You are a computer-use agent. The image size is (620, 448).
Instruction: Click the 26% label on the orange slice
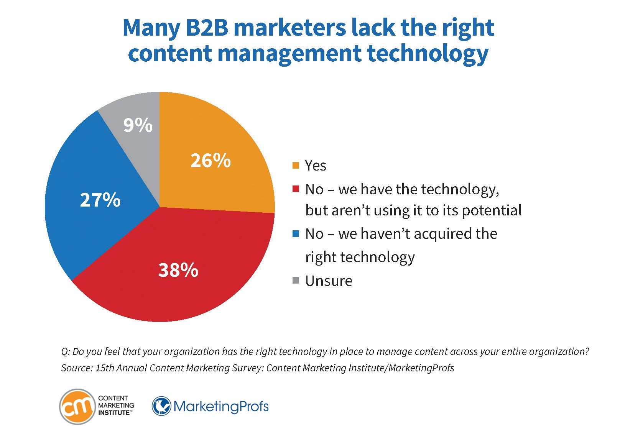(x=211, y=161)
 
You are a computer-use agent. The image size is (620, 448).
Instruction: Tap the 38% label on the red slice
(x=178, y=270)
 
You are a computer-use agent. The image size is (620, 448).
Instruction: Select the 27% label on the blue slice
(x=100, y=200)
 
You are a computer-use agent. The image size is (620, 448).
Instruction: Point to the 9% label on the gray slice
(x=138, y=125)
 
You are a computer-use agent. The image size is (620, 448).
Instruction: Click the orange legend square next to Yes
(x=296, y=166)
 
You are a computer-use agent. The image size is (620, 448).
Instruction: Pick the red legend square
(x=296, y=189)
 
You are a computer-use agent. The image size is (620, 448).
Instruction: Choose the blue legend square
(x=296, y=234)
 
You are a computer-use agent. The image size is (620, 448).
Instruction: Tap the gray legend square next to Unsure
(x=296, y=281)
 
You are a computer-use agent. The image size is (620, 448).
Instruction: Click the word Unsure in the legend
(x=329, y=281)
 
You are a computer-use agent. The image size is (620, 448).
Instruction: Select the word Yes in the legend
(x=316, y=166)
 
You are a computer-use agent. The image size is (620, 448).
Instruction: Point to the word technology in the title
(x=428, y=53)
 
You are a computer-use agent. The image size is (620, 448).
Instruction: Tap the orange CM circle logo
(x=77, y=407)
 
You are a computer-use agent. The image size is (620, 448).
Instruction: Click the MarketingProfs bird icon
(x=161, y=406)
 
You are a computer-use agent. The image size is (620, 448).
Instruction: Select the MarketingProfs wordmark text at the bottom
(x=221, y=406)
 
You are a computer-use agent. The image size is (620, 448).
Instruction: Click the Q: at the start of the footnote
(x=65, y=352)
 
